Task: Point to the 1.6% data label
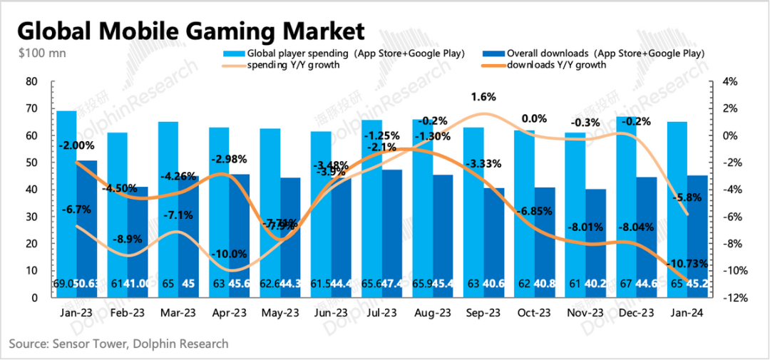point(484,97)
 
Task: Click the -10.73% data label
point(687,264)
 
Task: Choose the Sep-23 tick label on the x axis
point(483,313)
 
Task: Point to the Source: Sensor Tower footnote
point(118,344)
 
